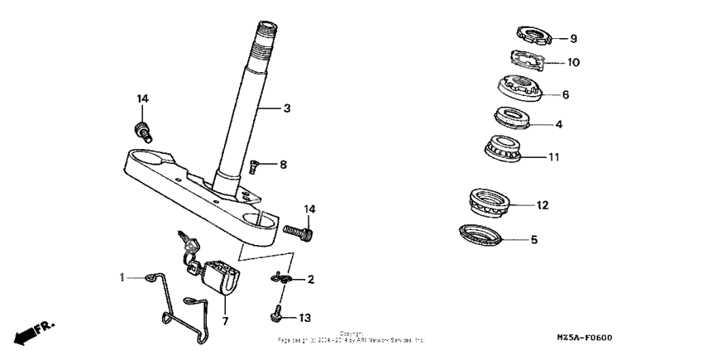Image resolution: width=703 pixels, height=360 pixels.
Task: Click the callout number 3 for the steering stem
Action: [x=287, y=108]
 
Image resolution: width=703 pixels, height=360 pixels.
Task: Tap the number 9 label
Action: [x=573, y=38]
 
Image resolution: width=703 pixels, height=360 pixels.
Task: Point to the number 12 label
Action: [x=543, y=204]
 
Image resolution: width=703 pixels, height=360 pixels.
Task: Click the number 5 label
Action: [x=533, y=240]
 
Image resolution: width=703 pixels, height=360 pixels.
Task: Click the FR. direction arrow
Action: [x=33, y=334]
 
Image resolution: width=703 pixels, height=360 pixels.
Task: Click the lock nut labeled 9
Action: [x=534, y=36]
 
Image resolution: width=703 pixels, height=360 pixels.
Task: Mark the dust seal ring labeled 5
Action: [x=482, y=234]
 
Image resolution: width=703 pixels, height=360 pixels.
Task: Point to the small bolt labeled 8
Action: [x=255, y=167]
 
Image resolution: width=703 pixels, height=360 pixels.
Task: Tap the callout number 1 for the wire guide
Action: [x=123, y=278]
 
